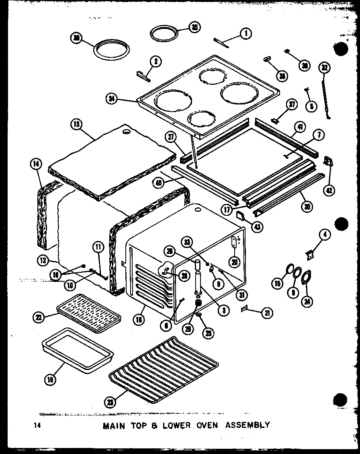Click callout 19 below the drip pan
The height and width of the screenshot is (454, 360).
tap(50, 378)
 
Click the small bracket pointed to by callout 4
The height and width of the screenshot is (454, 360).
tap(309, 254)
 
